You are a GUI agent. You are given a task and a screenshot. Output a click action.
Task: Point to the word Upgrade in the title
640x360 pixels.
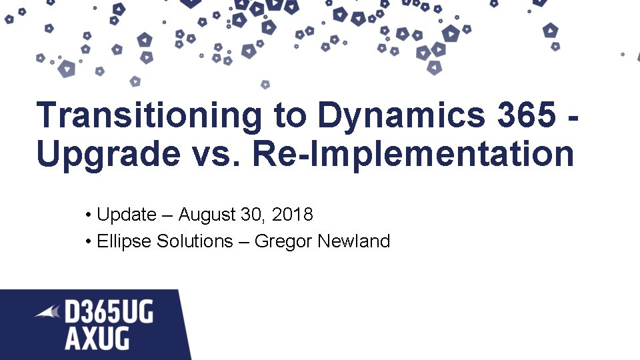pyautogui.click(x=107, y=155)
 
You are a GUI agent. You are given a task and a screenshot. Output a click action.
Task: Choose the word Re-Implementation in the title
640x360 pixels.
pyautogui.click(x=414, y=155)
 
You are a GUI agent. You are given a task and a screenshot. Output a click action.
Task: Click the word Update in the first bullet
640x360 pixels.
pyautogui.click(x=127, y=215)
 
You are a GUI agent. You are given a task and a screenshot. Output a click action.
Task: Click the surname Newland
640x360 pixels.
pyautogui.click(x=353, y=241)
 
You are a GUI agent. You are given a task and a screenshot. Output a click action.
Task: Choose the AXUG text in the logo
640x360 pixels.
pyautogui.click(x=97, y=339)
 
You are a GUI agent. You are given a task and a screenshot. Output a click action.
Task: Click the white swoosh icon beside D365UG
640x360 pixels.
pyautogui.click(x=48, y=311)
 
